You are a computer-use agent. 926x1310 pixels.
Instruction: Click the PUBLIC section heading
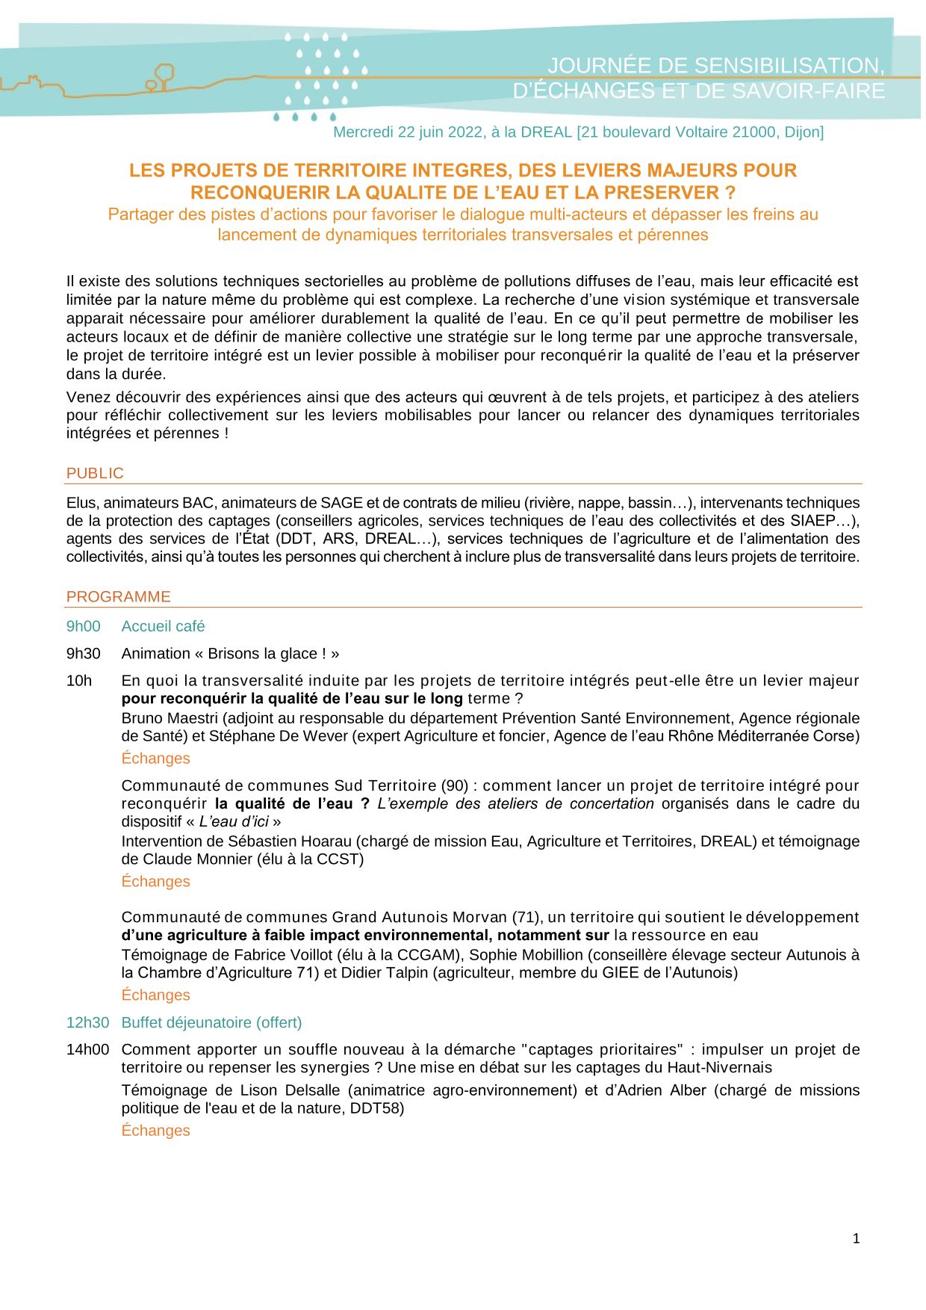95,473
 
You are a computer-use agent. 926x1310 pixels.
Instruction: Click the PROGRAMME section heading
118,596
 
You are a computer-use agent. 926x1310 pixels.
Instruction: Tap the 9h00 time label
83,626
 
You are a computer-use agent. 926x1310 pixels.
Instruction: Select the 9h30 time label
83,653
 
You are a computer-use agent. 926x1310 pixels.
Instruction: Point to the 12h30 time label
87,1022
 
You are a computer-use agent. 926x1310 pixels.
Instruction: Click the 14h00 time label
87,1049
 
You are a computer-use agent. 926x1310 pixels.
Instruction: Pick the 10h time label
78,680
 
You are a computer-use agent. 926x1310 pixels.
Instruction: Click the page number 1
856,1238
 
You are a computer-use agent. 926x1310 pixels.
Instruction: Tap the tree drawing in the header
162,76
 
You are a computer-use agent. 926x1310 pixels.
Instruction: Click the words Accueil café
163,626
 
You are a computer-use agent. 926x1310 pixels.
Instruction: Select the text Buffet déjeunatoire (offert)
211,1022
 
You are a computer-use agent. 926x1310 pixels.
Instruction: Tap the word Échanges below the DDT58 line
155,1130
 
